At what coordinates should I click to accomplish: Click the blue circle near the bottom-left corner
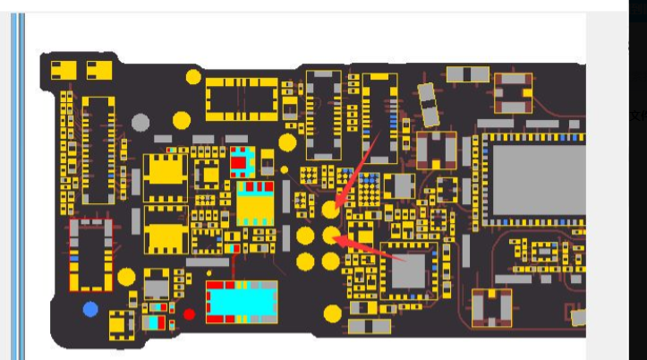pos(90,310)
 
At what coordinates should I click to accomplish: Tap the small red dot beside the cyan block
pos(189,314)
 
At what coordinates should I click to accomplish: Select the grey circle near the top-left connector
pos(140,122)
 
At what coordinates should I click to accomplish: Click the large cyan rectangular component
pos(242,302)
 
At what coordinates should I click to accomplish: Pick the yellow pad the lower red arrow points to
pos(331,236)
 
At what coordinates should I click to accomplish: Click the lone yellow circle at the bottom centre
pos(333,313)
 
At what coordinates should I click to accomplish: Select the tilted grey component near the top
pos(429,103)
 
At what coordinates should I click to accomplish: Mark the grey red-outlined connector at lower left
pos(90,254)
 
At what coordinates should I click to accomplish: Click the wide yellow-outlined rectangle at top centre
pos(242,98)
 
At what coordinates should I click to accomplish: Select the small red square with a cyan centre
pos(242,160)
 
